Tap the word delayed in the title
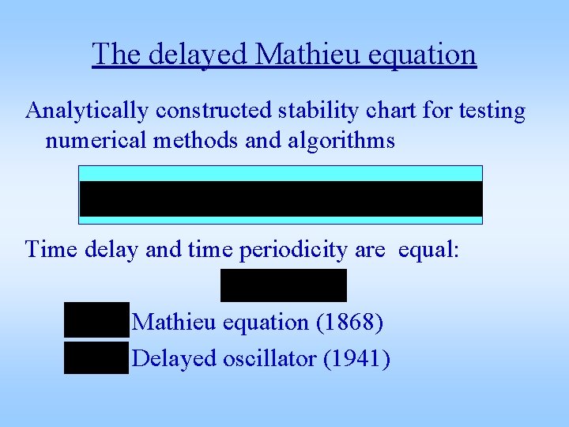(198, 55)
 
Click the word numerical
(92, 141)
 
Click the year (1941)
(356, 358)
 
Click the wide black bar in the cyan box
(281, 198)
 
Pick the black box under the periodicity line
(283, 285)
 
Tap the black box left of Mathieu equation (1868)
(96, 320)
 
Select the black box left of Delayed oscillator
(96, 357)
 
